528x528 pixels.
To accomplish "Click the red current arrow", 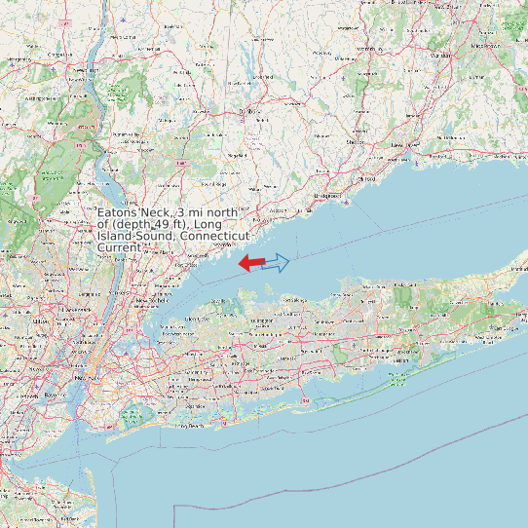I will pos(251,262).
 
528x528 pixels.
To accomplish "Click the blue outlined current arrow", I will pos(278,262).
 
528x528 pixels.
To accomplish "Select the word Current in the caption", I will pos(119,248).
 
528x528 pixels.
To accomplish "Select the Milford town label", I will pos(367,179).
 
